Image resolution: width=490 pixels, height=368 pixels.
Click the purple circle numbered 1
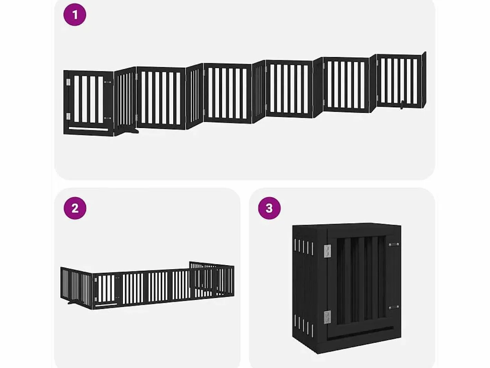[x=75, y=15]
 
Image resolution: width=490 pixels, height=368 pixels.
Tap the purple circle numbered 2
[x=75, y=208]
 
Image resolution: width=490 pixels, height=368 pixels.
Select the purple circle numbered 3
[x=269, y=208]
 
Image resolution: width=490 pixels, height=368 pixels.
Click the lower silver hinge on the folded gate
[x=327, y=318]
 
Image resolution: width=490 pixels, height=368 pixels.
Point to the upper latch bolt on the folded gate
[x=394, y=245]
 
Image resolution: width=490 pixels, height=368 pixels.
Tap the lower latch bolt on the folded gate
[x=394, y=308]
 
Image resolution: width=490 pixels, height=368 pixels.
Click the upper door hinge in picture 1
[x=68, y=82]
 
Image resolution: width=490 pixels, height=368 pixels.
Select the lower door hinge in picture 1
[x=68, y=116]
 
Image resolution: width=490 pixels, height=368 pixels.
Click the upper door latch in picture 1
[x=108, y=82]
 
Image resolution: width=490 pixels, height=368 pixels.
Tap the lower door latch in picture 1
[x=108, y=118]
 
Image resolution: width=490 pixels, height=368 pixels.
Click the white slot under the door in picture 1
[x=88, y=129]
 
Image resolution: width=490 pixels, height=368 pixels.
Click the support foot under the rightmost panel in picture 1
[x=402, y=105]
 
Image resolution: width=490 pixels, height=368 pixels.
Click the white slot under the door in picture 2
[x=106, y=305]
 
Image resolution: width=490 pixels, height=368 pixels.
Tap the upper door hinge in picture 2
[x=96, y=280]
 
